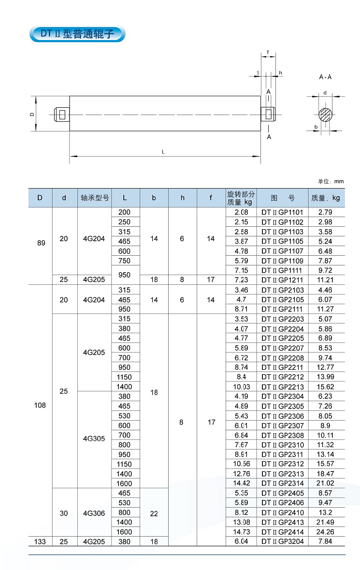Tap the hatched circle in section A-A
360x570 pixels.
point(325,115)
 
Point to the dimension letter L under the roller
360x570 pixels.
point(163,152)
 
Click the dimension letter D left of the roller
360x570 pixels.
point(31,114)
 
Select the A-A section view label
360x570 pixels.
point(325,77)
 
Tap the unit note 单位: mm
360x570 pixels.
point(331,181)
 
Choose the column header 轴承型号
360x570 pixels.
point(95,198)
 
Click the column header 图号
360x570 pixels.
point(283,198)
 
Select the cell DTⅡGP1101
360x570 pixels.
point(283,212)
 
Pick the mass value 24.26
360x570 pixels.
point(326,532)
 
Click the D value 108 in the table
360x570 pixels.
point(41,405)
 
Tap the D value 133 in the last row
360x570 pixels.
point(41,541)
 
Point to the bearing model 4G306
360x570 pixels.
point(94,513)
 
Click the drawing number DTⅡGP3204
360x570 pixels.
point(283,541)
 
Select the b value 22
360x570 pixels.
point(154,513)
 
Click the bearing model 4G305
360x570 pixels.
point(94,439)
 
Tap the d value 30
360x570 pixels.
point(64,513)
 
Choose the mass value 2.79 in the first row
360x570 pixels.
point(326,212)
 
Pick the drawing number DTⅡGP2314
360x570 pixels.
point(283,483)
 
